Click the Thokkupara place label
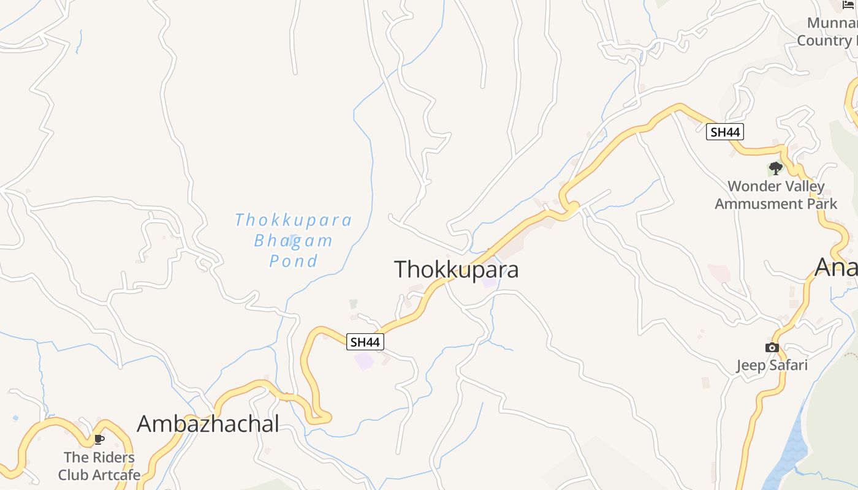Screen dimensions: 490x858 (x=456, y=269)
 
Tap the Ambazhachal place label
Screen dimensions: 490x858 (x=208, y=424)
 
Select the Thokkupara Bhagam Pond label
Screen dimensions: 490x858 (x=294, y=240)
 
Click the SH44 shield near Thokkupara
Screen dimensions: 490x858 (x=365, y=342)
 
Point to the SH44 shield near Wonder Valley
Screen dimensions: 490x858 (x=724, y=132)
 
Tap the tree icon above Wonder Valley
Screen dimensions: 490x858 (x=775, y=168)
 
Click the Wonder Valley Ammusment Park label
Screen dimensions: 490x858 (x=776, y=195)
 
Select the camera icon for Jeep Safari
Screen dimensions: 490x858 (x=772, y=348)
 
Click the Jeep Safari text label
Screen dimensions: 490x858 (x=772, y=366)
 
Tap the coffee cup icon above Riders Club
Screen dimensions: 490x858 (x=99, y=439)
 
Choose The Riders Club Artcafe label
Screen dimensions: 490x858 (x=99, y=466)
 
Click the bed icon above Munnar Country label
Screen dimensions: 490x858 (x=848, y=5)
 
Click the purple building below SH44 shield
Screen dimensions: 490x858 (x=364, y=361)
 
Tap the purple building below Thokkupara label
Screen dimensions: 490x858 (x=489, y=282)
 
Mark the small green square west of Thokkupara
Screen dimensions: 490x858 (x=353, y=303)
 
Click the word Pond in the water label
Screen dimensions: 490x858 (x=294, y=261)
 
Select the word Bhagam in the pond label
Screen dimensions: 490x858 (x=294, y=240)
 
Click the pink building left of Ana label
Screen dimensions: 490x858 (x=718, y=272)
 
